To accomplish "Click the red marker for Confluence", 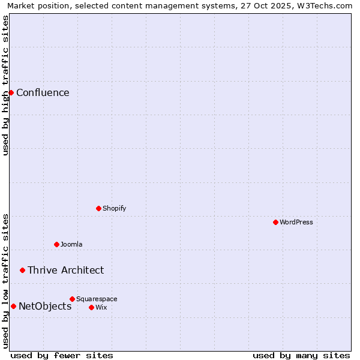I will tap(11, 92).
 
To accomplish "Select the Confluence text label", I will tap(43, 92).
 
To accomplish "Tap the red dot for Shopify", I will tap(98, 208).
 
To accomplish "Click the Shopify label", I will tap(114, 208).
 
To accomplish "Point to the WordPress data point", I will tap(275, 222).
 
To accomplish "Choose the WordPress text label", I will tap(296, 222).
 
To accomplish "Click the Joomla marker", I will tap(56, 244).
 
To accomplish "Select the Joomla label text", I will tap(71, 244).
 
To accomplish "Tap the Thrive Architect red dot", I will tap(22, 270).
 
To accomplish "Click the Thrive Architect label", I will tap(65, 270).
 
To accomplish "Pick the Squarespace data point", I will tap(72, 299).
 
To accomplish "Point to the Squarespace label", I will tap(97, 299).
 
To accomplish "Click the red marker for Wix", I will tap(91, 307).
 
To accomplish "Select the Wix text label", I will tap(101, 307).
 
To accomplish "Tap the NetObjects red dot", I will tap(13, 306).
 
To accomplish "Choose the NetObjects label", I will tap(45, 306).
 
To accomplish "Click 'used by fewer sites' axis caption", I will tap(62, 355).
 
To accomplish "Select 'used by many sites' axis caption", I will tap(301, 355).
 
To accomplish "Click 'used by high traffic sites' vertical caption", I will tap(5, 85).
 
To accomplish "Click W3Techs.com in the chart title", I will tap(326, 5).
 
